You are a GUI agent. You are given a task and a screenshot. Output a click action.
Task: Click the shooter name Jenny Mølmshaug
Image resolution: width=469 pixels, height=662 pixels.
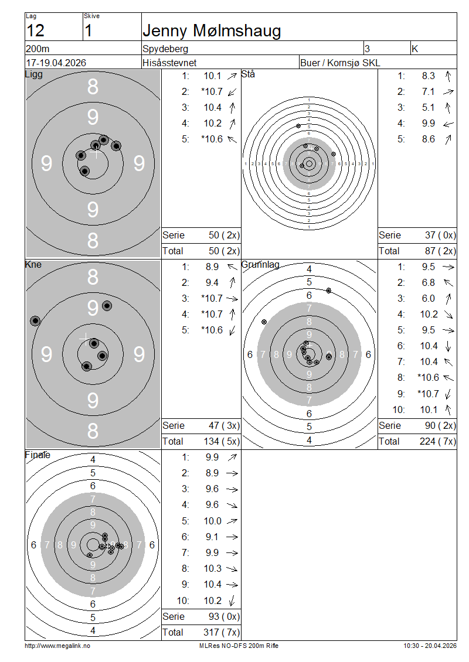click(x=212, y=31)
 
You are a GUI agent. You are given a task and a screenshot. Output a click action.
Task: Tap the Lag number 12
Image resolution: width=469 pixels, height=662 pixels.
click(x=35, y=31)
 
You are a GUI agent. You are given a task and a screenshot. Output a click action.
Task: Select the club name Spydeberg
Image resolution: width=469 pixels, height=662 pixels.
click(x=165, y=49)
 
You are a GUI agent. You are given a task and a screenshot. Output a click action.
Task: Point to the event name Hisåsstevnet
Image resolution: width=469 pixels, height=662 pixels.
click(x=169, y=63)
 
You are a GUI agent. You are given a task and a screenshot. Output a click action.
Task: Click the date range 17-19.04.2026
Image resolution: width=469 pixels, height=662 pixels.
click(x=56, y=63)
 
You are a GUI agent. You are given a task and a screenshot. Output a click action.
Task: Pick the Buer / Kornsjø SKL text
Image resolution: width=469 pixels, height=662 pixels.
click(x=340, y=63)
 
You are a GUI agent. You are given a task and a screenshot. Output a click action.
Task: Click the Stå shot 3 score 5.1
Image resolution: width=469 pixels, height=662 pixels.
click(x=428, y=108)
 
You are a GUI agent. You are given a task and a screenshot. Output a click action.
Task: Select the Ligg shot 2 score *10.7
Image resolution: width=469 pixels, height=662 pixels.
click(x=212, y=91)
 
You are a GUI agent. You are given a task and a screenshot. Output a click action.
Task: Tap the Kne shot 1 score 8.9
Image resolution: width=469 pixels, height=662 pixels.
click(x=212, y=267)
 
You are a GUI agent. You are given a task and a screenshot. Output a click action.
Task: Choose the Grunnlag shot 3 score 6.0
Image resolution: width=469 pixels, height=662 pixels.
click(x=428, y=299)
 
